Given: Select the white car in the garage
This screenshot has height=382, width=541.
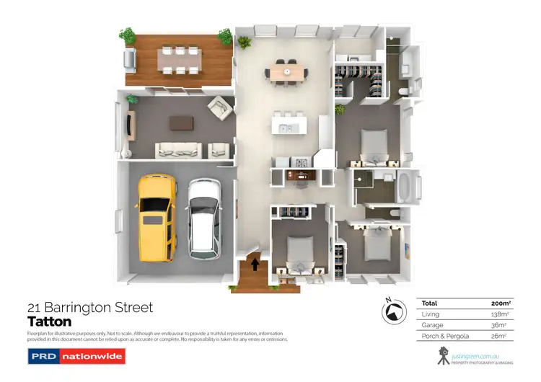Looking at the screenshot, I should point(203,217).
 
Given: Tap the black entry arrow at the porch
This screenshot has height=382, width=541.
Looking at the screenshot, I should point(255,264).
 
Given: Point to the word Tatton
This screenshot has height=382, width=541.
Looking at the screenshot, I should point(50,321).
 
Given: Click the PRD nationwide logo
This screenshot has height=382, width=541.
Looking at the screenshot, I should point(76,355).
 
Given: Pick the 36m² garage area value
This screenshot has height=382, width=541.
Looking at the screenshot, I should point(498,325).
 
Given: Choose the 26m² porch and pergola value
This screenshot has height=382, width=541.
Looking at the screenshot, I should point(498,336).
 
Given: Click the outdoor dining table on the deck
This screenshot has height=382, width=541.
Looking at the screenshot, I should point(178,61).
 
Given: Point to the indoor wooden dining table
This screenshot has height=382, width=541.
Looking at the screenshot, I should point(287,71).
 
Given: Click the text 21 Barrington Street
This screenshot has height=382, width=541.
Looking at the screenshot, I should point(90,308).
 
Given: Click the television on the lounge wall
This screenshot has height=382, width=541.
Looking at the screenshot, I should point(130,125).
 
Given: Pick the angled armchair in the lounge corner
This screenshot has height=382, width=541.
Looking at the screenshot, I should point(217,108).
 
